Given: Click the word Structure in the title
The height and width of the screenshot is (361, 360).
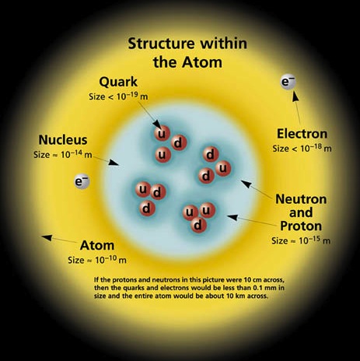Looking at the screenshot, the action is click(161, 44).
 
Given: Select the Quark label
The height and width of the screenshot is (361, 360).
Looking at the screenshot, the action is click(118, 82).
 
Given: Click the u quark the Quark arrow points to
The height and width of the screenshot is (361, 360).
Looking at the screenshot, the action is click(163, 134).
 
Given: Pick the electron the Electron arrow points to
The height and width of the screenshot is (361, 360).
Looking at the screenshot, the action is click(288, 82).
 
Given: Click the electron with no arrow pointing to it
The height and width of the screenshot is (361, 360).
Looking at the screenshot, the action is click(82, 181).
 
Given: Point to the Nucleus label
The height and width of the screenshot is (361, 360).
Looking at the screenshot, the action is click(63, 140).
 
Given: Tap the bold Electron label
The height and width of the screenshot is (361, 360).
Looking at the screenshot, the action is click(302, 134).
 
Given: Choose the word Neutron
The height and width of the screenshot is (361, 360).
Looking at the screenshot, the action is click(301, 199).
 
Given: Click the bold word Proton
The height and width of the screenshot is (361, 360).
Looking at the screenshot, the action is click(301, 226).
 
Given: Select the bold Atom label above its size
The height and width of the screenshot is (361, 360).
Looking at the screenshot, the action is click(97, 245).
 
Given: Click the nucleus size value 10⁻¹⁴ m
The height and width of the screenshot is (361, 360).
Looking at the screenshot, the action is click(76, 154).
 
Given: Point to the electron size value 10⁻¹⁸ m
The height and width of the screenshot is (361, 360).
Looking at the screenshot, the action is click(316, 148).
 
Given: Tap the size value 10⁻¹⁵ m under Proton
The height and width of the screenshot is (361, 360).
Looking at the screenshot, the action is click(315, 240).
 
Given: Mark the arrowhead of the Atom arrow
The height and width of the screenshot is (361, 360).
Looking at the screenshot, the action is click(47, 237).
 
